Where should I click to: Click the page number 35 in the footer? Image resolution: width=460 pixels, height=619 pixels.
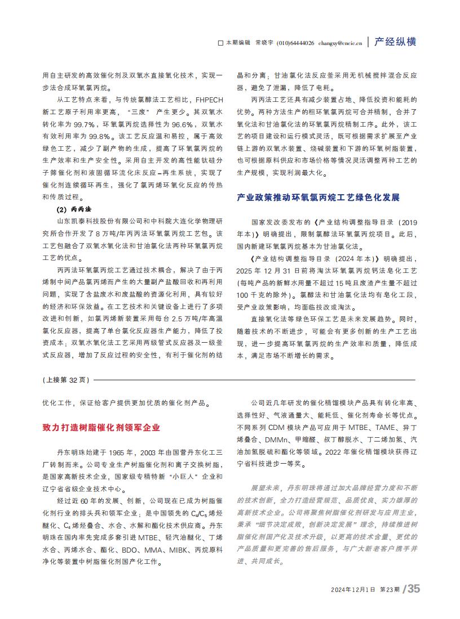click(414, 589)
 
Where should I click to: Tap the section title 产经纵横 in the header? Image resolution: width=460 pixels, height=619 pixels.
click(397, 42)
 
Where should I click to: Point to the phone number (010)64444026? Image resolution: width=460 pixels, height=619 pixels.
click(296, 43)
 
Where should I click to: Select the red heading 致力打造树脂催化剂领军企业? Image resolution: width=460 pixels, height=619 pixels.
click(101, 428)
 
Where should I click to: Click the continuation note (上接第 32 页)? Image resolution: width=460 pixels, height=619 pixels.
click(66, 380)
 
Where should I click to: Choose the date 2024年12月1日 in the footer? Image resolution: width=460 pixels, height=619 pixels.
click(353, 590)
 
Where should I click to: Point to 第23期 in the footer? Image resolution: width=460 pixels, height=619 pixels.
click(390, 590)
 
